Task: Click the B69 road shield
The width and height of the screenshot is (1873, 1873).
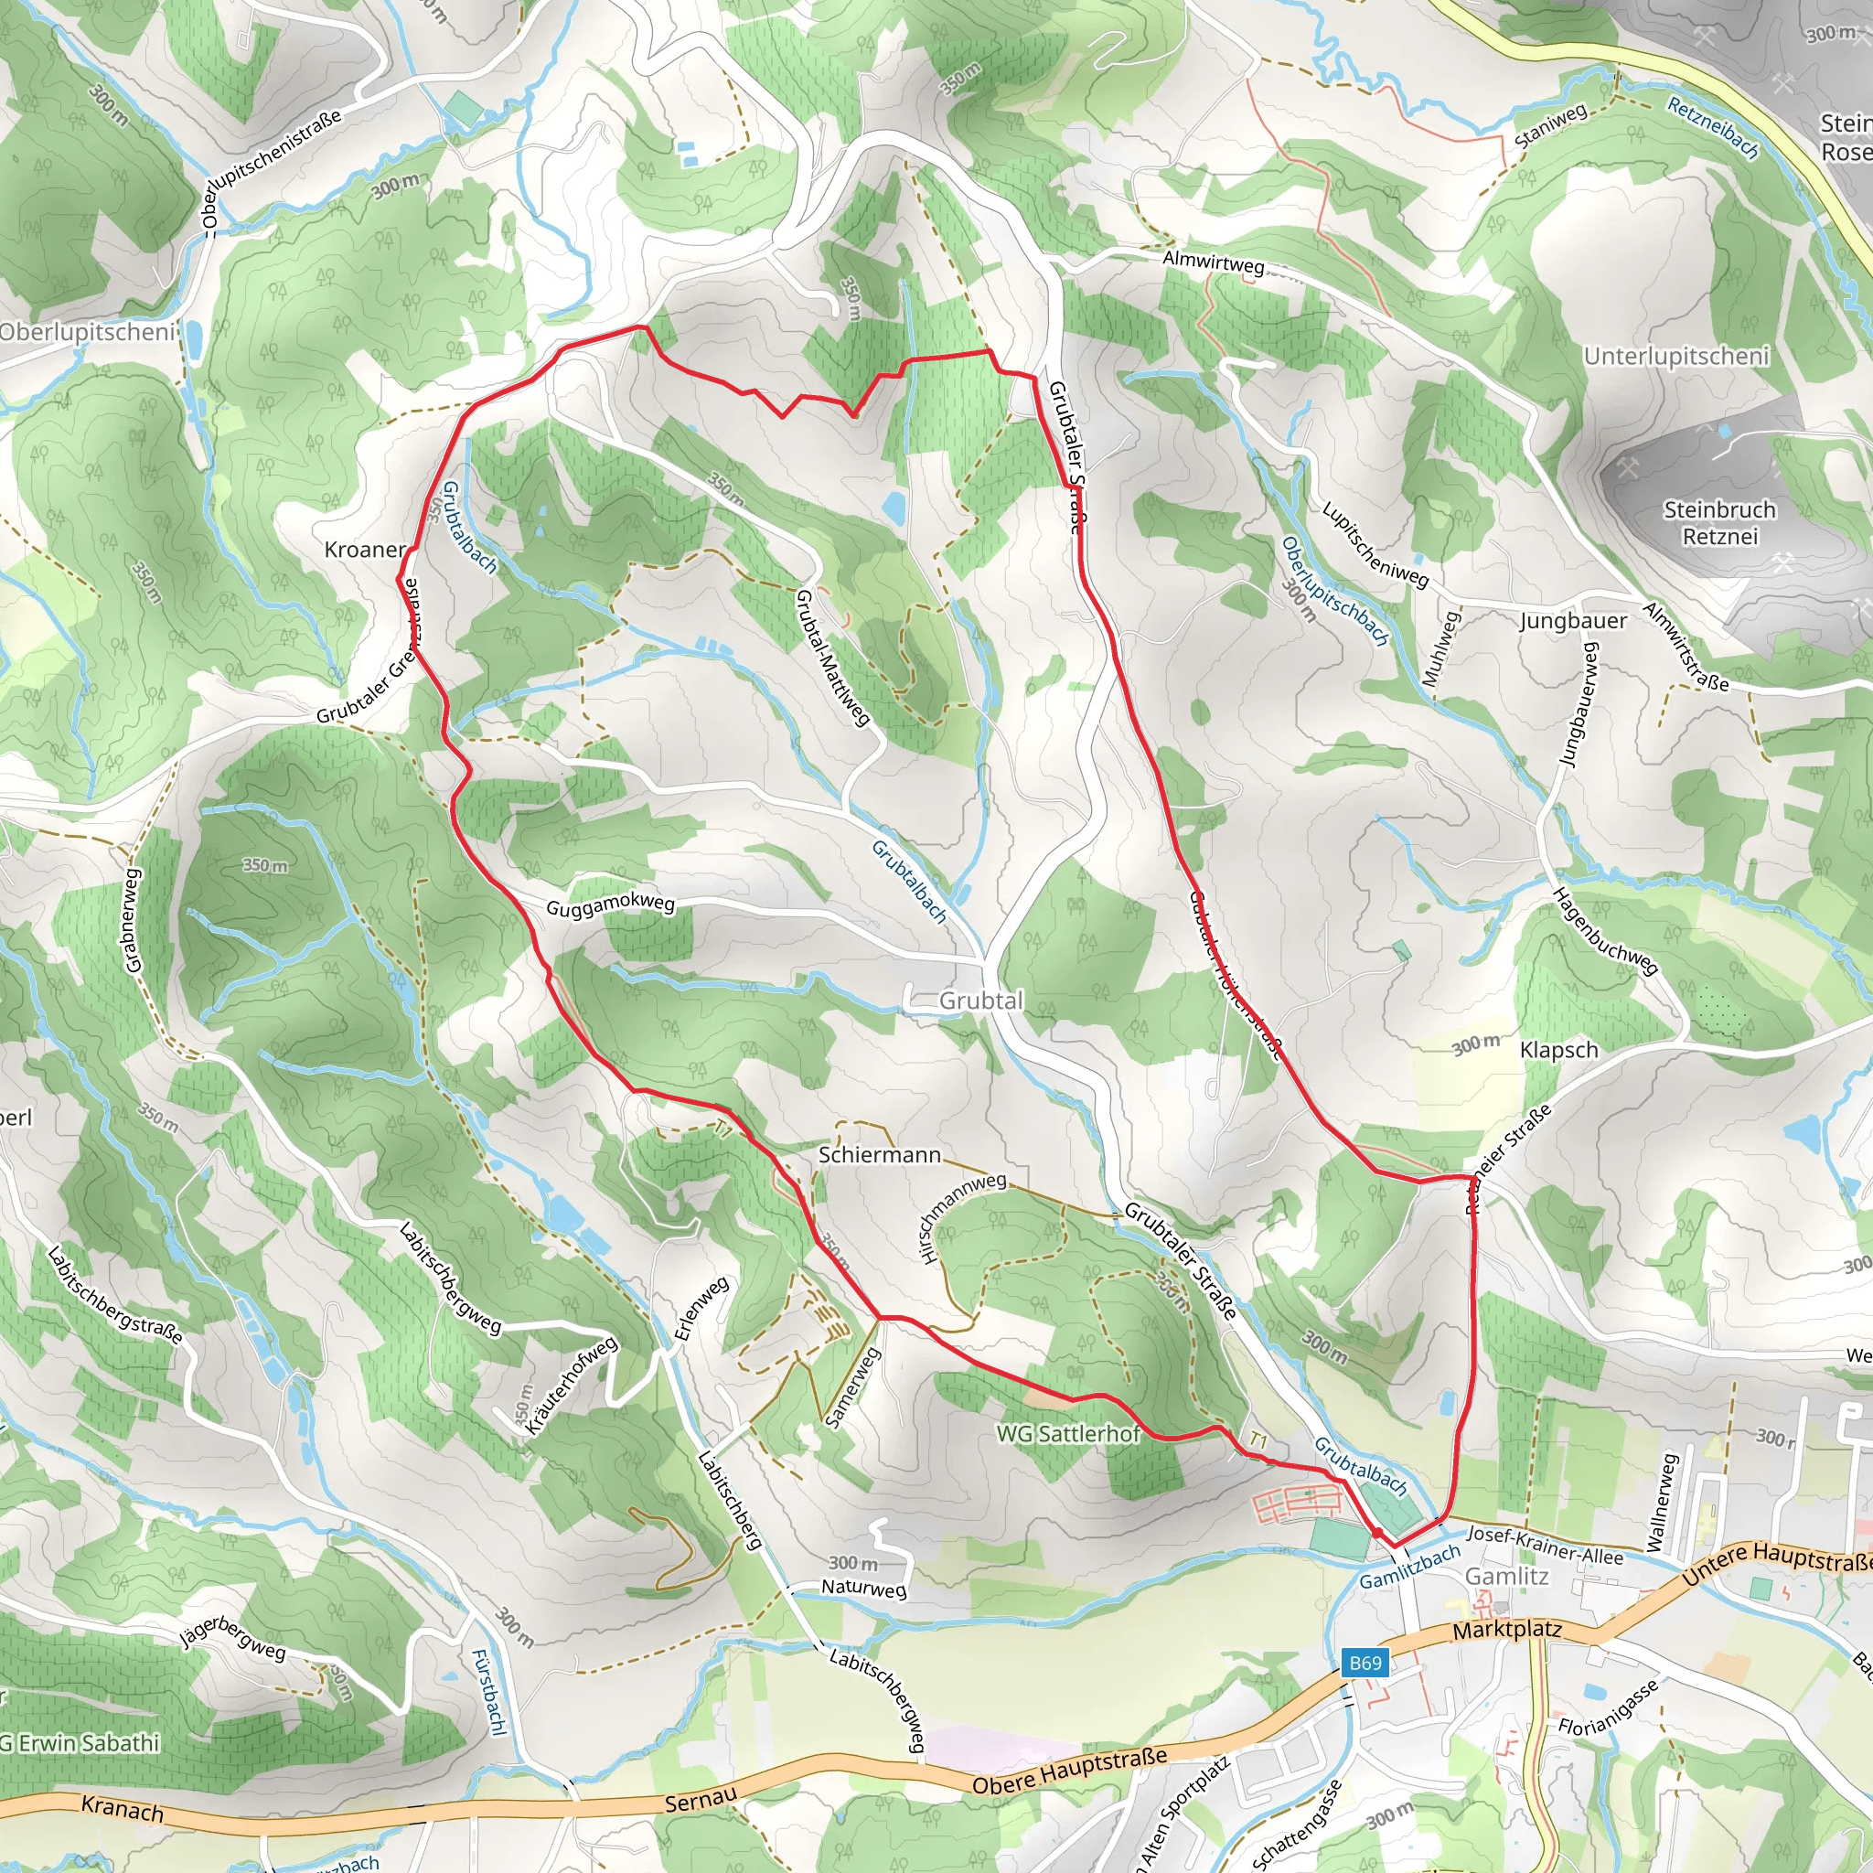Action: coord(1365,1663)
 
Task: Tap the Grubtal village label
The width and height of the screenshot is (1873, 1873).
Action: coord(980,1001)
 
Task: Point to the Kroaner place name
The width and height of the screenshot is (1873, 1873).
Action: coord(366,550)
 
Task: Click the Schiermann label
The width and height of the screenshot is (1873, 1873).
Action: coord(879,1155)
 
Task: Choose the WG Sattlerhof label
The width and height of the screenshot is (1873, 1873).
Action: coord(1067,1433)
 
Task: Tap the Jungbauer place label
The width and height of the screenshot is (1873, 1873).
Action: coord(1572,620)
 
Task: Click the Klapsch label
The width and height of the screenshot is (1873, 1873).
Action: coord(1559,1050)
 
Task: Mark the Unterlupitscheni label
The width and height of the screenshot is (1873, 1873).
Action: coord(1676,356)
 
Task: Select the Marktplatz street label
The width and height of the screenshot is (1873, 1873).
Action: coord(1506,1630)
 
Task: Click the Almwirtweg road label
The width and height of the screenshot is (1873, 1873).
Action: coord(1213,262)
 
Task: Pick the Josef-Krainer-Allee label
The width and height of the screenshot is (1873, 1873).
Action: coord(1545,1545)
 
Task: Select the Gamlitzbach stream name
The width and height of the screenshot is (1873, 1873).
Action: coord(1408,1568)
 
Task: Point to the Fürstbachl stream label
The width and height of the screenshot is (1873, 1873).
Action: coord(488,1693)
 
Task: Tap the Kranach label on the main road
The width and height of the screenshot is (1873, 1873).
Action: coord(123,1808)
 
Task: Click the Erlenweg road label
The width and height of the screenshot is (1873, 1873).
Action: coord(701,1310)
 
